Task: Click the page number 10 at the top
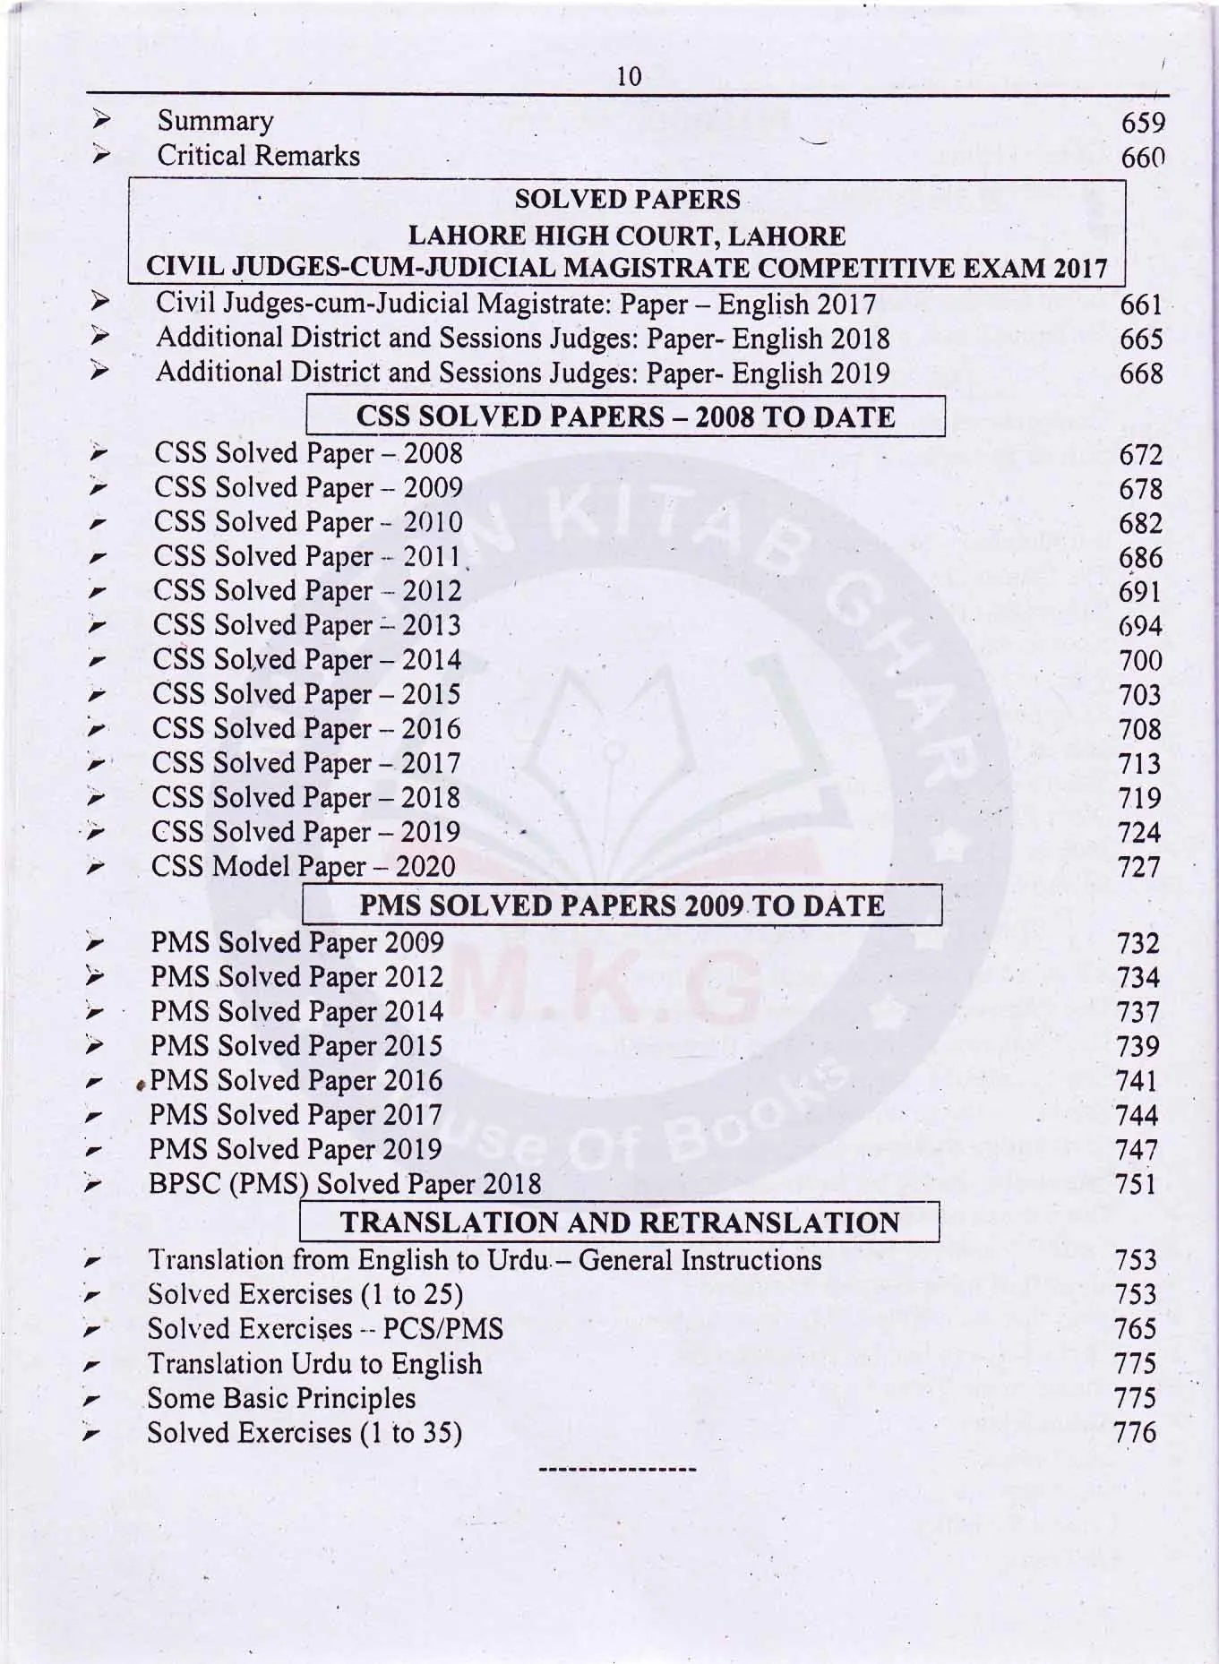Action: pyautogui.click(x=630, y=76)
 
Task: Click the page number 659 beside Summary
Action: pyautogui.click(x=1143, y=124)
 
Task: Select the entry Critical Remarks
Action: pyautogui.click(x=258, y=156)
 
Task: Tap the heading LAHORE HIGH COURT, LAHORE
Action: pyautogui.click(x=626, y=236)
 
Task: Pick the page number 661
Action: pyautogui.click(x=1141, y=305)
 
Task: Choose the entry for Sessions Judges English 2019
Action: pyautogui.click(x=522, y=373)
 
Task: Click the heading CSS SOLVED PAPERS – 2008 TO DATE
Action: pyautogui.click(x=625, y=417)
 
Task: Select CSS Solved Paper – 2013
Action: pyautogui.click(x=306, y=625)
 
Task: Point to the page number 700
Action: pyautogui.click(x=1140, y=662)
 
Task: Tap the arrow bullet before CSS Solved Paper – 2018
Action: pyautogui.click(x=98, y=797)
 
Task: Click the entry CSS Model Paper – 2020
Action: pyautogui.click(x=303, y=867)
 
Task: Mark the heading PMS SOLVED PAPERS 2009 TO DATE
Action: pyautogui.click(x=622, y=905)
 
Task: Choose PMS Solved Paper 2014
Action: pyautogui.click(x=296, y=1012)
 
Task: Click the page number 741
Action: pyautogui.click(x=1137, y=1081)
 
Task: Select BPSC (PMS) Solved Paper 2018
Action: pyautogui.click(x=345, y=1184)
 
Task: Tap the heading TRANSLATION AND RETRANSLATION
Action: pyautogui.click(x=619, y=1223)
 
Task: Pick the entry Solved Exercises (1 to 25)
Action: pyautogui.click(x=305, y=1295)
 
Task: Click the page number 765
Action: pyautogui.click(x=1136, y=1329)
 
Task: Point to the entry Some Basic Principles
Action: pyautogui.click(x=281, y=1399)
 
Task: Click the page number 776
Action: pyautogui.click(x=1135, y=1433)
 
